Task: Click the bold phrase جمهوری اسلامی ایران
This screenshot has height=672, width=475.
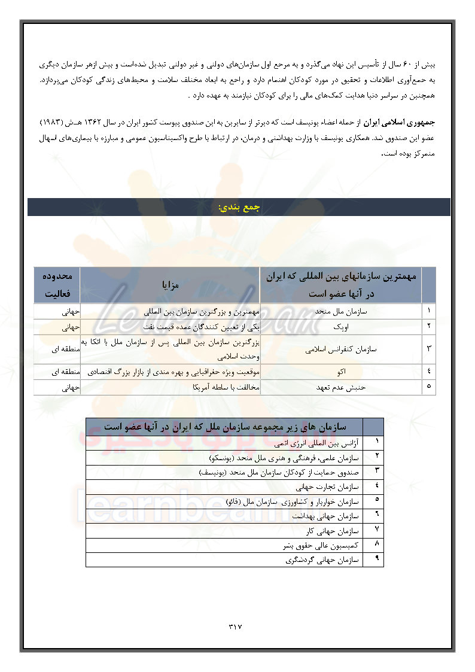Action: (x=401, y=122)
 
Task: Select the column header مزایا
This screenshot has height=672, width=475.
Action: (x=170, y=285)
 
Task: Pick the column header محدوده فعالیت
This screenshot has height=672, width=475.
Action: (x=57, y=285)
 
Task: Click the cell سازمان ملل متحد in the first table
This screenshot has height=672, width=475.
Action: (x=342, y=312)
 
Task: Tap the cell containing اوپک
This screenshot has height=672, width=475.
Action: (x=341, y=327)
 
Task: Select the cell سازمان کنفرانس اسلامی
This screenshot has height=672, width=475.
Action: (x=341, y=349)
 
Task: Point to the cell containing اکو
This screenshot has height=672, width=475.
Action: (x=341, y=372)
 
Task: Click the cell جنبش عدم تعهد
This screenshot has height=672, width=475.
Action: (x=341, y=387)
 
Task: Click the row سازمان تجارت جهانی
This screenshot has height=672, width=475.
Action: (x=329, y=487)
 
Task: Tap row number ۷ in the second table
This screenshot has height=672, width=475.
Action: (x=376, y=530)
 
